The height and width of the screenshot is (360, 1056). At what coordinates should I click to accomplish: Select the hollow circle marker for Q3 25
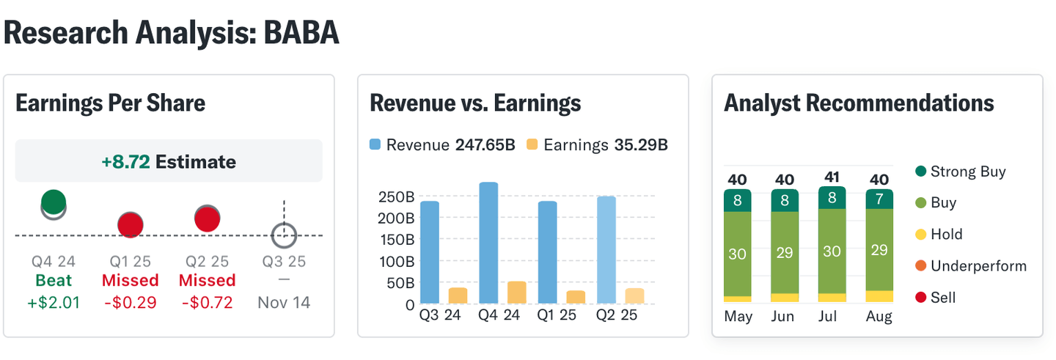click(284, 236)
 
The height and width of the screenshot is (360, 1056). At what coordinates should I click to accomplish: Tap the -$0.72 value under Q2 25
click(206, 302)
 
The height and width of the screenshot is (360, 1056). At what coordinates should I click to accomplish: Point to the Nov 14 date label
click(284, 302)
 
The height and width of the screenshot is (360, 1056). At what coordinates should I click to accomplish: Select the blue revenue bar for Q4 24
click(488, 243)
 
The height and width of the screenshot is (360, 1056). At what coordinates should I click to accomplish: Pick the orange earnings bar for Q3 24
click(458, 295)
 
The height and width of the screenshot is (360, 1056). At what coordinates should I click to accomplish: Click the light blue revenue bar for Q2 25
click(606, 250)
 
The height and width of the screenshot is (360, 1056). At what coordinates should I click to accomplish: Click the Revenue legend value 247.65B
click(485, 144)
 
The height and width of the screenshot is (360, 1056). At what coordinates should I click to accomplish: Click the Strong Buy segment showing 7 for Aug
click(879, 199)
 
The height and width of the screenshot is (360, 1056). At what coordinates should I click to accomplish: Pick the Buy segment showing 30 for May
click(738, 254)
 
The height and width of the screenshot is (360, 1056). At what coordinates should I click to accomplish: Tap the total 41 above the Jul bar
click(832, 177)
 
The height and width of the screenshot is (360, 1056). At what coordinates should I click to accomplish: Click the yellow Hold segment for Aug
click(879, 296)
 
